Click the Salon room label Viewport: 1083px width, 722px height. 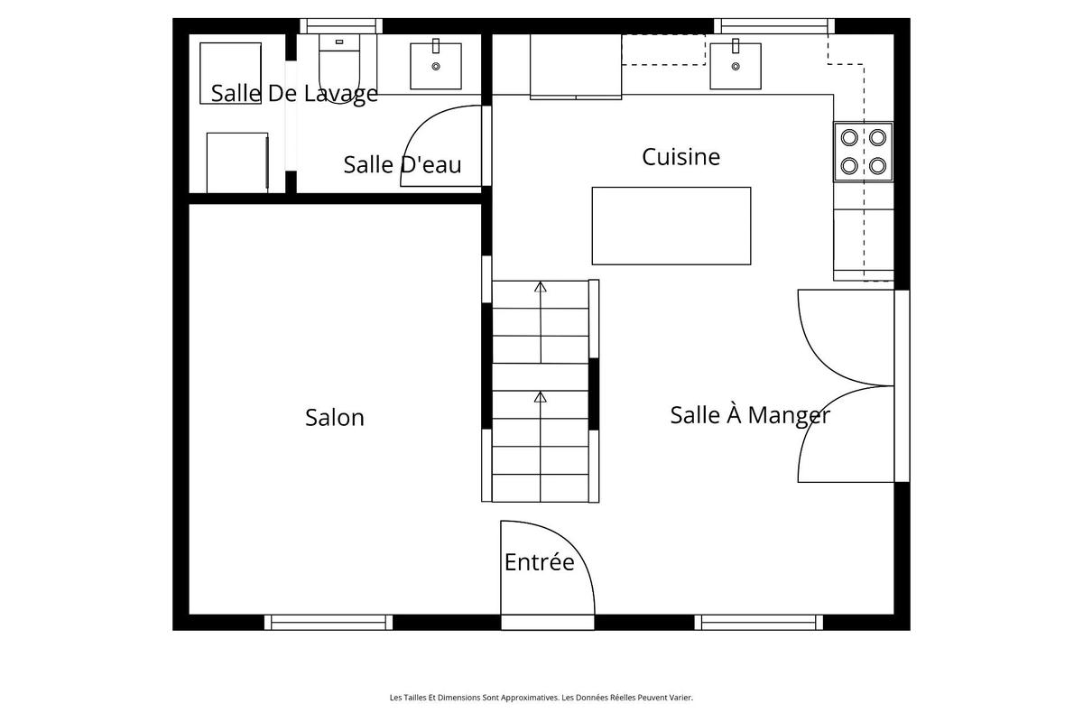[334, 418]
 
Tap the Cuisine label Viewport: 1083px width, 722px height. [680, 157]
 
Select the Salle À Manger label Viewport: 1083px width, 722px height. [749, 415]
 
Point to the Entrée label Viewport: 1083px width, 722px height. [539, 562]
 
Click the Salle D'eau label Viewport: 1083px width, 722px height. [402, 165]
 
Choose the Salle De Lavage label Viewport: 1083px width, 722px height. [294, 93]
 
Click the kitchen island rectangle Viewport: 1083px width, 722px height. [671, 226]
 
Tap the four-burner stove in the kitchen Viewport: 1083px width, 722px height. [863, 152]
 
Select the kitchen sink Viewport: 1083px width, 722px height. [735, 65]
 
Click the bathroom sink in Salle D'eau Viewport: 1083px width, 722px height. [436, 65]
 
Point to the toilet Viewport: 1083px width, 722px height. [340, 68]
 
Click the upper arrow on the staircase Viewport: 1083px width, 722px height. [541, 289]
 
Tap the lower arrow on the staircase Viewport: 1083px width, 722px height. [541, 398]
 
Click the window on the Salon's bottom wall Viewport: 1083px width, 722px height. [329, 622]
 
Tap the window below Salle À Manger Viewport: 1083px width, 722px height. [758, 622]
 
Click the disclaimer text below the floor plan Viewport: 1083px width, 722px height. [541, 697]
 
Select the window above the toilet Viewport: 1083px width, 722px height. [340, 26]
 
